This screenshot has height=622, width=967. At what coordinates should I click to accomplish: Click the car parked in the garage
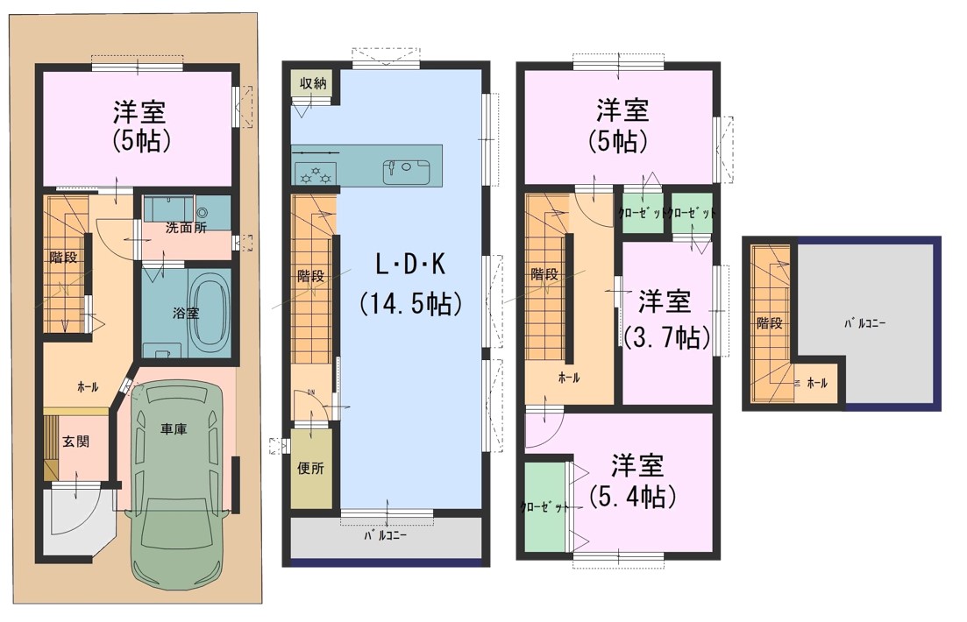(177, 487)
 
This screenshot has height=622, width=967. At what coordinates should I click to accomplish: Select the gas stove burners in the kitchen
(315, 173)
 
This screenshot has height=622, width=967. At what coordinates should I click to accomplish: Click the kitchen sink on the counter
(406, 172)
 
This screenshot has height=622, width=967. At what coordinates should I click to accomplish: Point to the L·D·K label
(410, 265)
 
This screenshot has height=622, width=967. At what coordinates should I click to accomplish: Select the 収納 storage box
(313, 83)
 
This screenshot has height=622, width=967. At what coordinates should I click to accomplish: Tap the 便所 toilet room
(311, 469)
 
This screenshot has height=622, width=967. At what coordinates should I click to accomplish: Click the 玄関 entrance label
(76, 441)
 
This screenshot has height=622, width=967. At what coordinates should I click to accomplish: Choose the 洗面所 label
(186, 228)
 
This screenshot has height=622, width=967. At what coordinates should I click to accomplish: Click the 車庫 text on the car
(174, 429)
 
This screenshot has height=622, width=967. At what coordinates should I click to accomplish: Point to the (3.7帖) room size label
(666, 337)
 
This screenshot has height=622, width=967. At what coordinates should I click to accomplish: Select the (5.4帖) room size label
(633, 497)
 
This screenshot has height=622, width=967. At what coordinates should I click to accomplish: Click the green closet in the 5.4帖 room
(545, 506)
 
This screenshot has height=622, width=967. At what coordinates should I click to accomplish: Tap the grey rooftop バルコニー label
(864, 323)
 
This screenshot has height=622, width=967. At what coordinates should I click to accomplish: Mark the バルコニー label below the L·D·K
(384, 535)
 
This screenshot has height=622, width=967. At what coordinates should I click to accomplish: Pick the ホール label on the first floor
(88, 387)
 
